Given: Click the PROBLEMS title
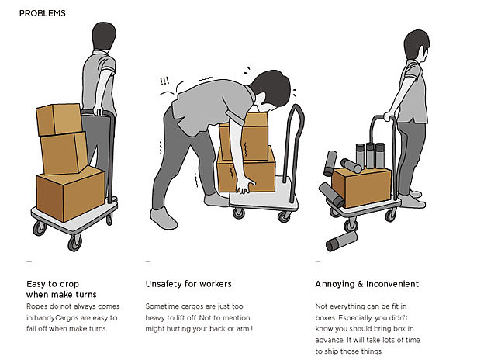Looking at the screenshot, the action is [43, 13].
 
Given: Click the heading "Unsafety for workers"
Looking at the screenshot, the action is [188, 284].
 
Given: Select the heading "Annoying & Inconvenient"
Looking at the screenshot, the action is [367, 284].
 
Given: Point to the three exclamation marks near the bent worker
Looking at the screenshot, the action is [164, 81].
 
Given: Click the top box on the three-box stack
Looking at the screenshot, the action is [59, 119].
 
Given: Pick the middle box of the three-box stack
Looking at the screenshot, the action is [64, 153].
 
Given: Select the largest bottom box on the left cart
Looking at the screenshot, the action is [71, 193].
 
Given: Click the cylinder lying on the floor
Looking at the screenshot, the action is [341, 241].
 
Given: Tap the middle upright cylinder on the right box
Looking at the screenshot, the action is [370, 155].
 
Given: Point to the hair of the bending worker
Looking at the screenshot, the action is [271, 87].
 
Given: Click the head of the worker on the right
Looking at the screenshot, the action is [417, 45].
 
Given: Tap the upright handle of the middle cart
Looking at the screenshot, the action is [293, 152].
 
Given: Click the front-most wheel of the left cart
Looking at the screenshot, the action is [74, 243].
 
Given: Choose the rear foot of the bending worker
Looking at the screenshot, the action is [163, 217].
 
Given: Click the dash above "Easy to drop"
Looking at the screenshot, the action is [29, 261].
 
